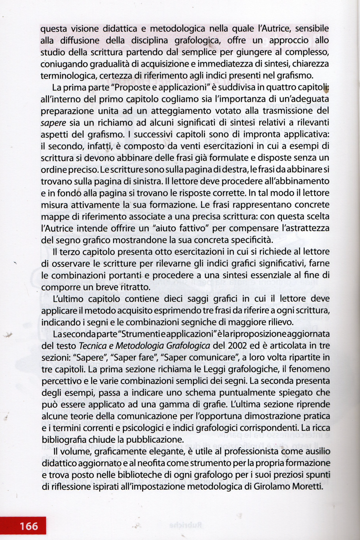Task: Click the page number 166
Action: tap(29, 526)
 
